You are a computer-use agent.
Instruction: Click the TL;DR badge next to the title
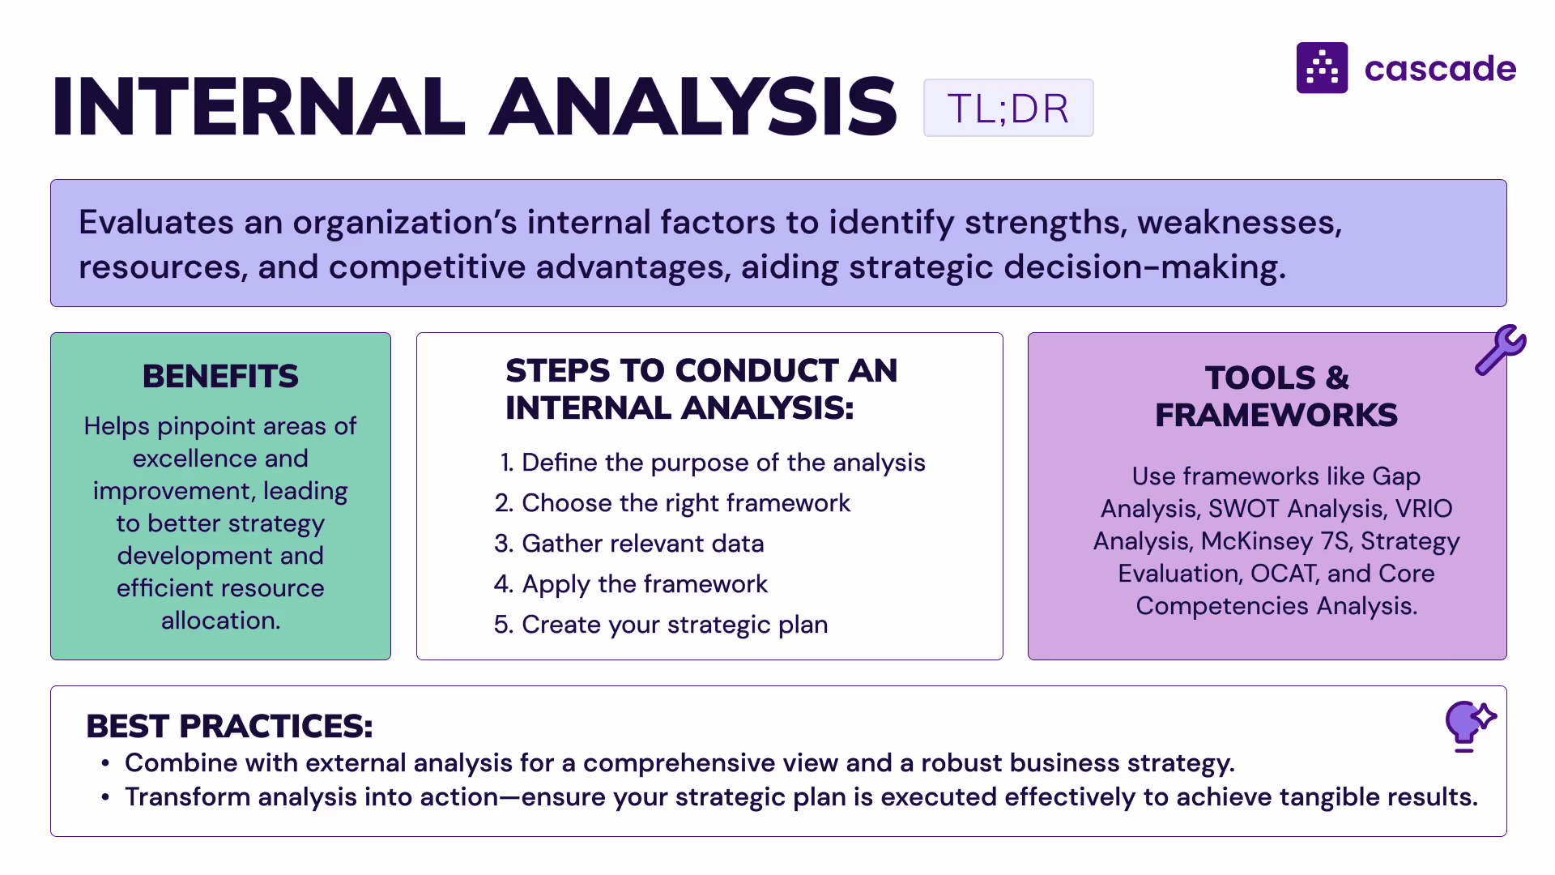(1008, 108)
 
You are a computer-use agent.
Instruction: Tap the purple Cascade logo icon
(1322, 68)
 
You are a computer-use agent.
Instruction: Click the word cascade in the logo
(1440, 69)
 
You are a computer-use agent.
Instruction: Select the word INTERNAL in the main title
(258, 106)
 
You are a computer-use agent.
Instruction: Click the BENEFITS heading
(220, 377)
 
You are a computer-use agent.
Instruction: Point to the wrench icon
(1500, 350)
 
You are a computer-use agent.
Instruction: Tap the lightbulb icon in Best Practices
(1468, 723)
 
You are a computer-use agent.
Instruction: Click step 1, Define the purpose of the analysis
(713, 463)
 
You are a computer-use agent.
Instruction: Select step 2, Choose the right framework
(672, 503)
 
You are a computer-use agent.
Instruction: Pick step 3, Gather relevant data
(629, 544)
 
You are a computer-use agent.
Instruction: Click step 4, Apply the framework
(631, 584)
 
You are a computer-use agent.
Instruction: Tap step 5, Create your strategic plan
(661, 625)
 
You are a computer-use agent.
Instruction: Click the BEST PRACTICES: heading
(229, 726)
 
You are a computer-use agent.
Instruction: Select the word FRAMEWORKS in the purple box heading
(1276, 416)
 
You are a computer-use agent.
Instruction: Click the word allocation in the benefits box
(220, 621)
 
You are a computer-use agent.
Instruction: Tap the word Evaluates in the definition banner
(155, 223)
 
